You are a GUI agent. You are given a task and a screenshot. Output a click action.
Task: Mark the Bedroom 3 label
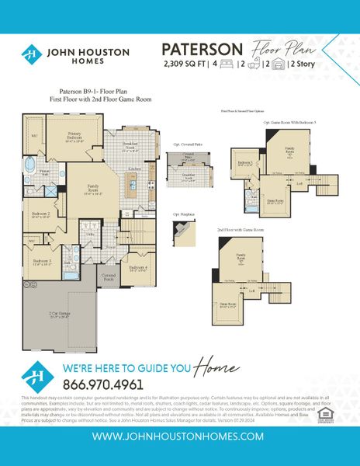(42, 263)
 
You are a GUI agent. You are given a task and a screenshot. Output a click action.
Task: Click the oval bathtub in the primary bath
(32, 165)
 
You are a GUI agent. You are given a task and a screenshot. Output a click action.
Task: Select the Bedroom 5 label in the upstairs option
(245, 164)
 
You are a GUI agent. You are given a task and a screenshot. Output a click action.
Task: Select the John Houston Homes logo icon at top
(31, 54)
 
